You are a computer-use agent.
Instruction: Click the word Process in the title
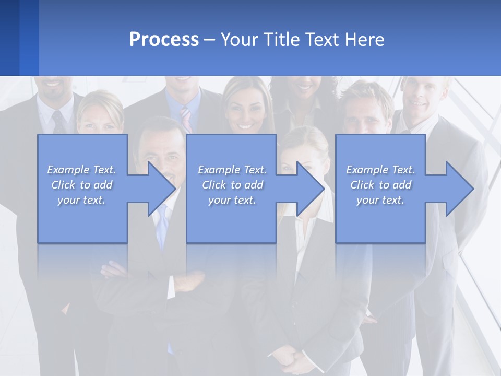click(x=164, y=40)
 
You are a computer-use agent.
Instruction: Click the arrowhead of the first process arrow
click(x=161, y=189)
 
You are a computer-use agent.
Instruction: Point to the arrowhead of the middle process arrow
click(x=311, y=189)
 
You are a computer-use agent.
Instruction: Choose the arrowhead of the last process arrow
click(x=459, y=189)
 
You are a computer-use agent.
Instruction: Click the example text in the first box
click(x=81, y=185)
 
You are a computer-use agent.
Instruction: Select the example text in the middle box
click(x=232, y=185)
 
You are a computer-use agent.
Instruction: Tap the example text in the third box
click(x=380, y=185)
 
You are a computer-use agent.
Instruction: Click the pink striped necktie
click(x=186, y=119)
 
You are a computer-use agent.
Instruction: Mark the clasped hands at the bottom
click(x=295, y=360)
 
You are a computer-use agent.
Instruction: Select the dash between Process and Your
click(x=209, y=40)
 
